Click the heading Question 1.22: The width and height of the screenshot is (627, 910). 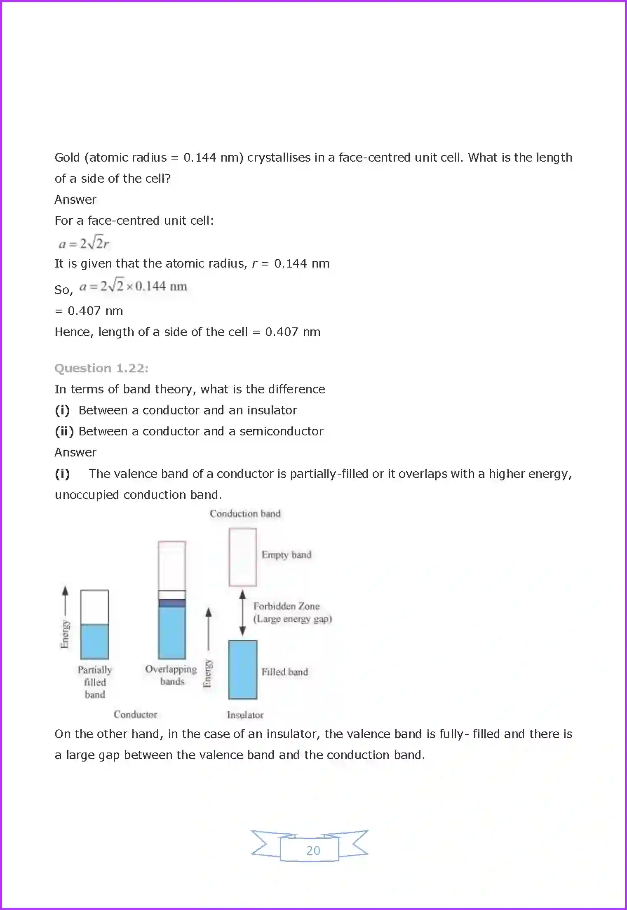[101, 368]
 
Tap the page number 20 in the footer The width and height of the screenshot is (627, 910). [313, 850]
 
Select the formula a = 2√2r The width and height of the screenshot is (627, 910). [84, 243]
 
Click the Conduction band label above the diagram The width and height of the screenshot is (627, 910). [245, 513]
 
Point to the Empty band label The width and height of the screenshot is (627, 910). [286, 555]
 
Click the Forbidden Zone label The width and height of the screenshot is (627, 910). [286, 606]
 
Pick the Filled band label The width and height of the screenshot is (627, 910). [284, 672]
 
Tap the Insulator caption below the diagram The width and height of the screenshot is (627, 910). [245, 715]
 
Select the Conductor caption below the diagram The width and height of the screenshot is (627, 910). [135, 714]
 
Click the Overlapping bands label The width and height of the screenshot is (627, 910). [171, 675]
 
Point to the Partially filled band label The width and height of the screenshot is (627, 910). [95, 682]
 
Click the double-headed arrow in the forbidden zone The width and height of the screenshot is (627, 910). [242, 613]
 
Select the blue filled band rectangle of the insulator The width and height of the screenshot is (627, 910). [242, 670]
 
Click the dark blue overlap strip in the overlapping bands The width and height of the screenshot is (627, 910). [172, 603]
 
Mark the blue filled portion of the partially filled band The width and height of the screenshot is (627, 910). [94, 642]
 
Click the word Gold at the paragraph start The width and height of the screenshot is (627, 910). [67, 158]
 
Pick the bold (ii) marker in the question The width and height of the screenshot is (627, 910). [64, 431]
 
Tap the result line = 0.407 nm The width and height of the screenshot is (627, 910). [89, 311]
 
